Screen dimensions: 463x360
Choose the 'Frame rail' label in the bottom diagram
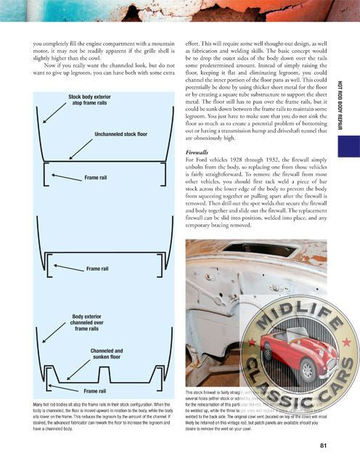click(100, 391)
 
